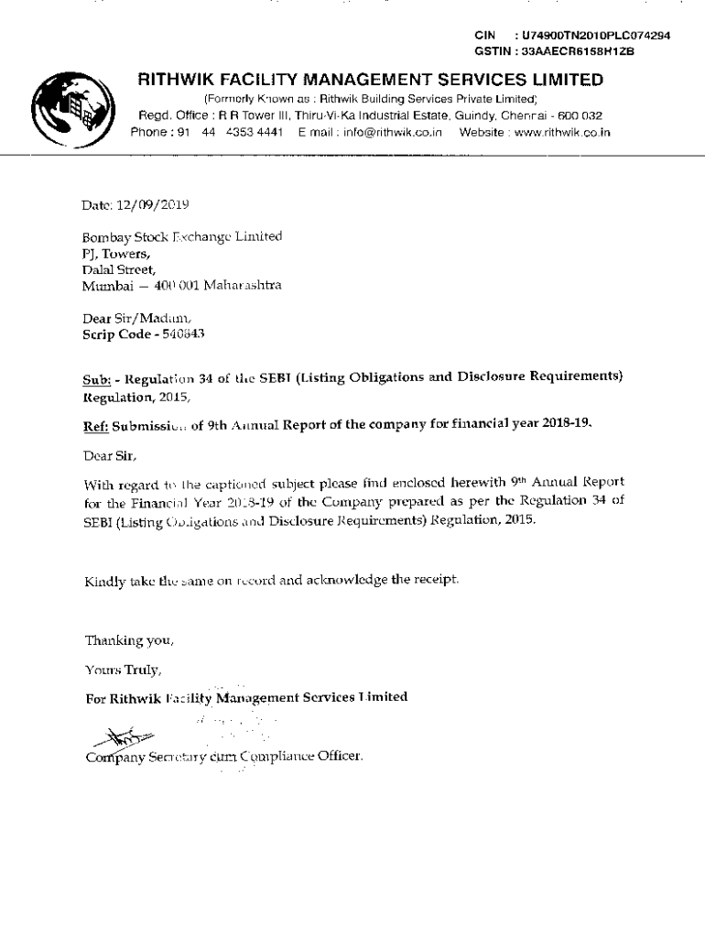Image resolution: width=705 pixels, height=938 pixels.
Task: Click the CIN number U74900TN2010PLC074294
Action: (x=598, y=36)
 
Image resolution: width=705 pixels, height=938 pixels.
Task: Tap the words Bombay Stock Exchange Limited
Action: (x=182, y=236)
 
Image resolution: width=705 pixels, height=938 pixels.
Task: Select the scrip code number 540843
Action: (x=183, y=335)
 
